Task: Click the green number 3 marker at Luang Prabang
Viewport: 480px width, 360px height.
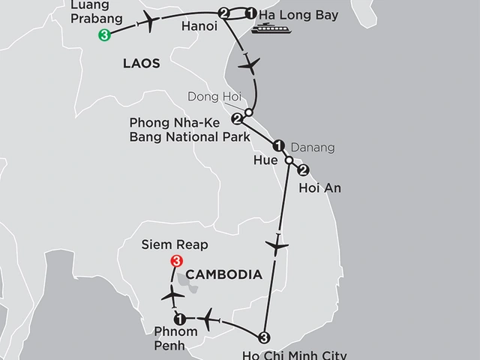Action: [104, 34]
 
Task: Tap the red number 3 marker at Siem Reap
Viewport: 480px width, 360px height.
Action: [175, 262]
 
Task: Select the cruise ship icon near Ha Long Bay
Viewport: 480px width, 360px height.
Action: [268, 28]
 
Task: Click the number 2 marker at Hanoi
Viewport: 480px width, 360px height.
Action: [223, 13]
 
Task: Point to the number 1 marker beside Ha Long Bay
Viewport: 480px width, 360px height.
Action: [250, 13]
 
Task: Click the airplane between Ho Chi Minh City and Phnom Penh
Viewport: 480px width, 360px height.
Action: [208, 316]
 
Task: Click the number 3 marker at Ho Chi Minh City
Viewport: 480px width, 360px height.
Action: [263, 336]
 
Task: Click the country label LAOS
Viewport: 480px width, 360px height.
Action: [141, 64]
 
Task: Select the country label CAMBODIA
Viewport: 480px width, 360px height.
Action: [226, 274]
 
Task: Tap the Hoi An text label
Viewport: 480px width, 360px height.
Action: [319, 187]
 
